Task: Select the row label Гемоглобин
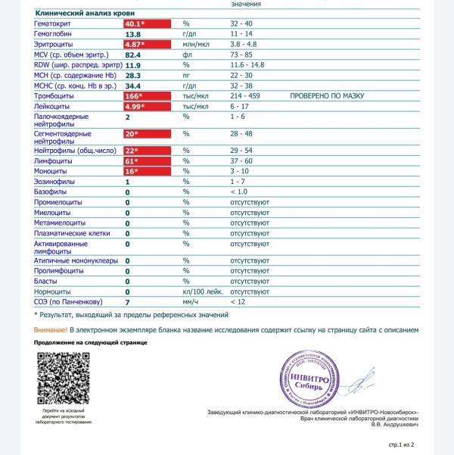(x=54, y=35)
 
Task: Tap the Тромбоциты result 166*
(x=135, y=97)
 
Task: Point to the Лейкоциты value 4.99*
(x=136, y=108)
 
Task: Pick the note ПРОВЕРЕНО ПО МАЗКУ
(x=327, y=97)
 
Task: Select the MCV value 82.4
(x=133, y=55)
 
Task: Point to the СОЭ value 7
(x=127, y=302)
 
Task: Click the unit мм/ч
(x=190, y=302)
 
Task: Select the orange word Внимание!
(x=51, y=330)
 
